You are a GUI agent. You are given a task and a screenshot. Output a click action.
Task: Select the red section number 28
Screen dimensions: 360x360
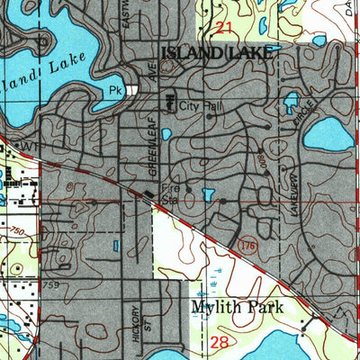[220, 342]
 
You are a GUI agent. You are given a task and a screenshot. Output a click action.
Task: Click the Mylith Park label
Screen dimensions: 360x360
[237, 308]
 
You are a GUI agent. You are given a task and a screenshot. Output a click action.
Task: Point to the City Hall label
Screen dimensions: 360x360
[198, 106]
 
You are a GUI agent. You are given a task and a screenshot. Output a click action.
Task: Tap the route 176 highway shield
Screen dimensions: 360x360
[249, 244]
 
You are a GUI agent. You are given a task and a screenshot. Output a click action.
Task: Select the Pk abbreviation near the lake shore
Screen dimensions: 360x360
[114, 91]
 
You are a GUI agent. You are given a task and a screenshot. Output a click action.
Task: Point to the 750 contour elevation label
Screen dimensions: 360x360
[17, 235]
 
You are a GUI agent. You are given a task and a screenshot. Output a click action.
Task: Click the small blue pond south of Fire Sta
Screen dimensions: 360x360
[208, 194]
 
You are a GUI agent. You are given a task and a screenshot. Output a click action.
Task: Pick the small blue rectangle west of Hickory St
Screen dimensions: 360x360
[115, 246]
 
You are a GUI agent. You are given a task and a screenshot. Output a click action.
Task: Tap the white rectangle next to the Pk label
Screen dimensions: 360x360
[132, 90]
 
